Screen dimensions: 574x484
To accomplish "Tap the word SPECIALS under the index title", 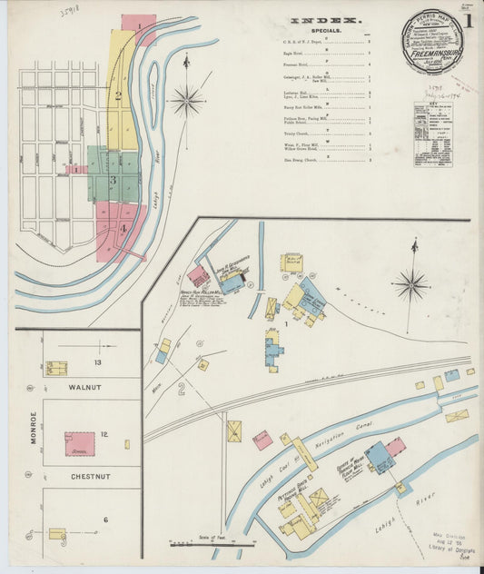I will tap(324, 30).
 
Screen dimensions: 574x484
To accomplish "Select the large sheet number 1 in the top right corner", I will tap(471, 19).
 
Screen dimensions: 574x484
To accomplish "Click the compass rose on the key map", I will tap(187, 99).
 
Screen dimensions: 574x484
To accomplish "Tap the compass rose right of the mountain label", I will tap(411, 285).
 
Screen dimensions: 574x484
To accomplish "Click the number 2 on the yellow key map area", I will tap(117, 95).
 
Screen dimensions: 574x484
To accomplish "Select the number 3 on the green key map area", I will tap(113, 180).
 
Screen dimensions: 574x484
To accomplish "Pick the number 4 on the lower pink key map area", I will tap(123, 228).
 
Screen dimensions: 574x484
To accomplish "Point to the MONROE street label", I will tap(35, 430).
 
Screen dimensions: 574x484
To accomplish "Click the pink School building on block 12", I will tap(79, 443).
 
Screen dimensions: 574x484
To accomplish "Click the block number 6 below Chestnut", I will tap(105, 519).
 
